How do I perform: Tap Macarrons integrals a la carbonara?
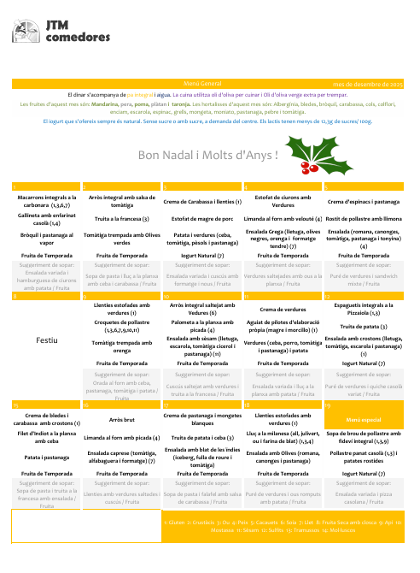48,201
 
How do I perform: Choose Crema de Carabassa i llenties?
201,201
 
